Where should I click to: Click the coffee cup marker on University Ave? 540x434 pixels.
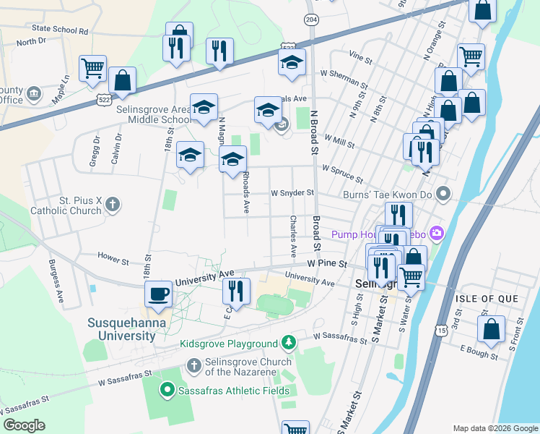[x=159, y=294]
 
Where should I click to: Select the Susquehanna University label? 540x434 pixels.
[x=122, y=329]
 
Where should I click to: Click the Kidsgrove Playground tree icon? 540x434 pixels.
[x=289, y=341]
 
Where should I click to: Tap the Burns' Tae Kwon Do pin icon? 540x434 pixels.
[x=444, y=194]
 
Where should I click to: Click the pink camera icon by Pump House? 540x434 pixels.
[x=436, y=233]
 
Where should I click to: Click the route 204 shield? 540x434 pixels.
[x=311, y=19]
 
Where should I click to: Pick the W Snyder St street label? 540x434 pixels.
[x=292, y=193]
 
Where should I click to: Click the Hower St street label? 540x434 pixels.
[x=113, y=255]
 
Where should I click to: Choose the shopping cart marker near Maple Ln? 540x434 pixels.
[x=92, y=69]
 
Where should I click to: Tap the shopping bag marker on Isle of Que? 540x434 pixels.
[x=491, y=329]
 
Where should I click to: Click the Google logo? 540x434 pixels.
[x=25, y=425]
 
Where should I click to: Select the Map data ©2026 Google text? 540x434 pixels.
[x=495, y=428]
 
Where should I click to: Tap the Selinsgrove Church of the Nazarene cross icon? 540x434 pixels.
[x=193, y=366]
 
